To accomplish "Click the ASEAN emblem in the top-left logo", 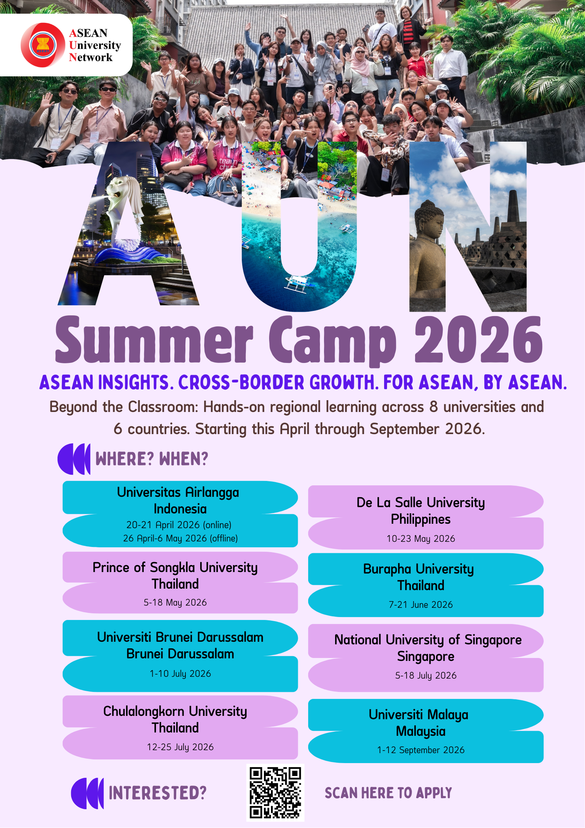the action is click(43, 45).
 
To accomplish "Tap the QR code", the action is click(275, 793).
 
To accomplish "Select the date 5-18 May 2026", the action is click(175, 602).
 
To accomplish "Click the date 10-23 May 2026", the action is click(421, 538).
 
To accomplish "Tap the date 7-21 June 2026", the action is click(421, 604).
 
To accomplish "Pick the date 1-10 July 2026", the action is click(180, 673).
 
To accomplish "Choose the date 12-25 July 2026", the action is click(180, 747).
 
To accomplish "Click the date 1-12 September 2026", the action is click(421, 750).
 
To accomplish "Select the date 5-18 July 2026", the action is click(426, 675).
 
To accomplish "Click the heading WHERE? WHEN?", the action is click(152, 459).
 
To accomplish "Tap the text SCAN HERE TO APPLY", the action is click(388, 793).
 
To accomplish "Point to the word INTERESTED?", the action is click(157, 793).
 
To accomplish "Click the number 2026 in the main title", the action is click(478, 339).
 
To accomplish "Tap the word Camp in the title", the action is click(332, 341).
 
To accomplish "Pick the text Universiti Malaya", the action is click(418, 715).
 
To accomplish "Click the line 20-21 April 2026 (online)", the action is click(179, 525).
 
